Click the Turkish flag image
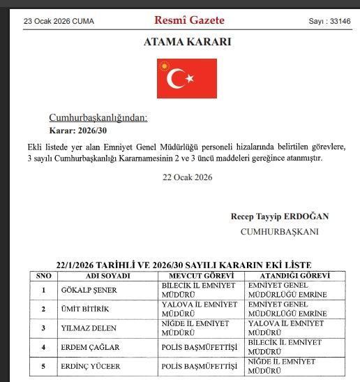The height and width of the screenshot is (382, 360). pyautogui.click(x=186, y=78)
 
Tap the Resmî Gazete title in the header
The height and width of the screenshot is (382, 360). pyautogui.click(x=186, y=20)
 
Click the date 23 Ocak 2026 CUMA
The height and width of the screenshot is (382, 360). pyautogui.click(x=59, y=21)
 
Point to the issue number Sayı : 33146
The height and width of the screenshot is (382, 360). pyautogui.click(x=329, y=21)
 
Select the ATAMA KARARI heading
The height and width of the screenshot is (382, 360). pyautogui.click(x=187, y=42)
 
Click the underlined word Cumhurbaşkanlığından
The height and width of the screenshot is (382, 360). pyautogui.click(x=98, y=117)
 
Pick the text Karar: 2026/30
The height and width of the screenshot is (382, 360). pyautogui.click(x=77, y=131)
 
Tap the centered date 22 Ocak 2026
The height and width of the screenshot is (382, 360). pyautogui.click(x=187, y=177)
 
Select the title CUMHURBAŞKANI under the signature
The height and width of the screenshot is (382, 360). pyautogui.click(x=279, y=231)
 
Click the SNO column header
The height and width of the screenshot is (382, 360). pyautogui.click(x=43, y=276)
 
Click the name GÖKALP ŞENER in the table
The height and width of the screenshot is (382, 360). pyautogui.click(x=89, y=290)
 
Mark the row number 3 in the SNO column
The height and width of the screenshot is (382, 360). pyautogui.click(x=43, y=328)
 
